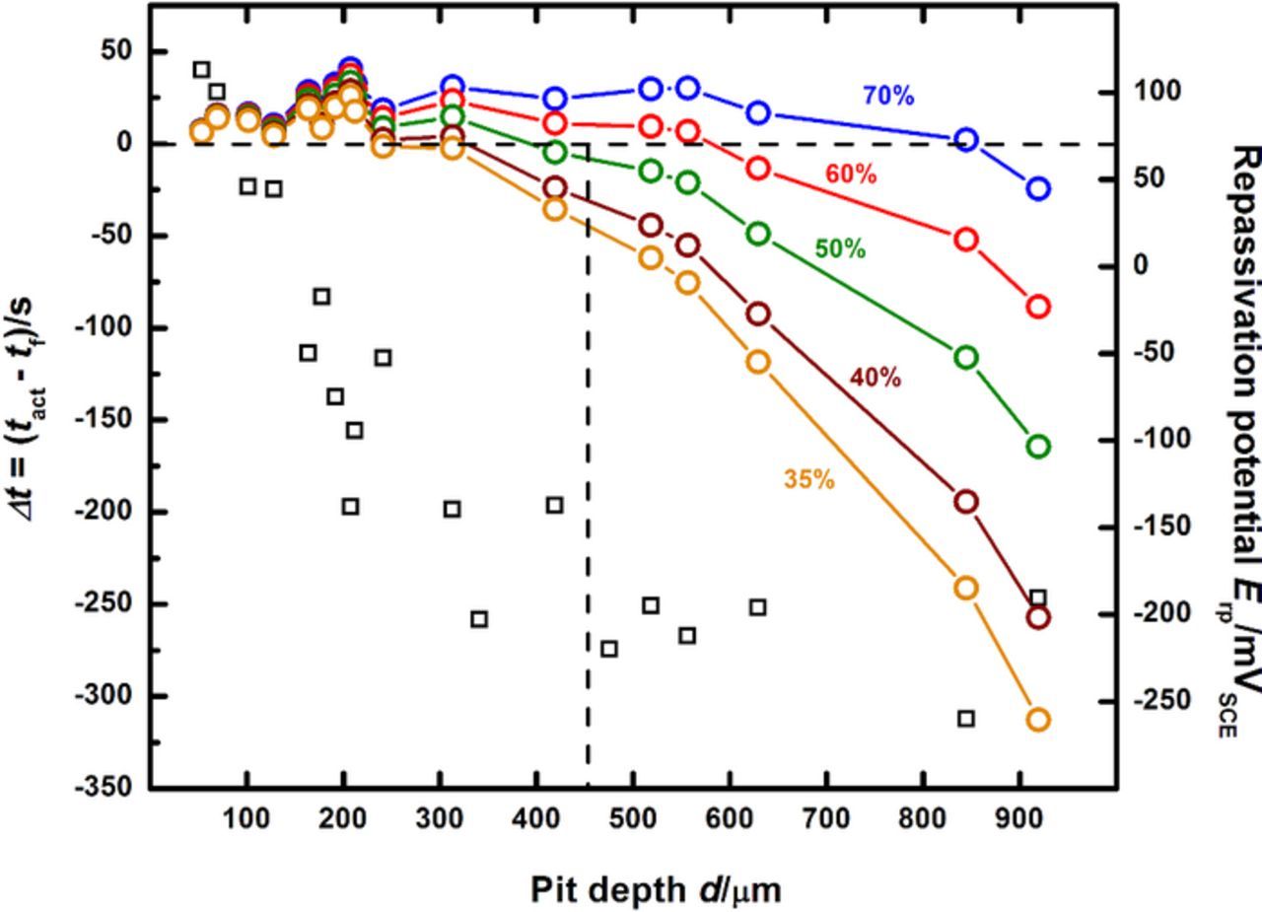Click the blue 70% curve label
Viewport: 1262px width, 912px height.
[887, 97]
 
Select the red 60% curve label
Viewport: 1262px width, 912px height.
[850, 175]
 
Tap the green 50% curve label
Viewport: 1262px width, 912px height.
[840, 249]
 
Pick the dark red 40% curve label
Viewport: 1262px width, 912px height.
[875, 378]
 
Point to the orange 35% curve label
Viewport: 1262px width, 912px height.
[809, 480]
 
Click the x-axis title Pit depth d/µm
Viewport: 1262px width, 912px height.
[656, 890]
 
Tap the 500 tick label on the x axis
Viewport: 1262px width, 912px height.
[633, 819]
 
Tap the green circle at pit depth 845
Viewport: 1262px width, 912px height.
[966, 357]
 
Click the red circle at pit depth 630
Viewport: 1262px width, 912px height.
[757, 169]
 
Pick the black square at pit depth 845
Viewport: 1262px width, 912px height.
[966, 719]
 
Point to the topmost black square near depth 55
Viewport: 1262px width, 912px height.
[202, 69]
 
